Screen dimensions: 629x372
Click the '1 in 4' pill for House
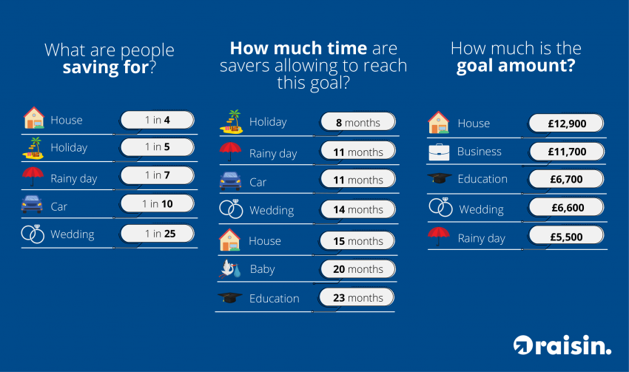click(157, 120)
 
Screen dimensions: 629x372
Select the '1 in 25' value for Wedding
click(157, 233)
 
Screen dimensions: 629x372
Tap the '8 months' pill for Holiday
click(358, 122)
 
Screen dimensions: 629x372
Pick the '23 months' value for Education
click(357, 298)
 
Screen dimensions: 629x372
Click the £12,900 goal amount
click(566, 124)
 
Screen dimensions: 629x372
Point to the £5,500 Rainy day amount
click(566, 237)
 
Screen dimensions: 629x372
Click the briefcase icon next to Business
click(439, 152)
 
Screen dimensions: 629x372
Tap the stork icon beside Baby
click(230, 269)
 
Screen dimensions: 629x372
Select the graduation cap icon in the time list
click(230, 297)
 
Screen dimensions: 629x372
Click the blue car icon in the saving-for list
click(32, 204)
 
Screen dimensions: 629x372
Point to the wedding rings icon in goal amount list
click(440, 207)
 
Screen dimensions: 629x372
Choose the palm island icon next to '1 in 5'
click(33, 148)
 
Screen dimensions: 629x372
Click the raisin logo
click(562, 345)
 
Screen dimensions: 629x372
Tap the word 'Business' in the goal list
click(480, 152)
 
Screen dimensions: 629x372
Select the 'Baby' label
click(263, 269)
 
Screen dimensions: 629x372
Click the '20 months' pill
click(358, 269)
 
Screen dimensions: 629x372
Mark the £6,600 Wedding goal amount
click(566, 208)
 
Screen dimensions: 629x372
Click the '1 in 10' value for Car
click(157, 203)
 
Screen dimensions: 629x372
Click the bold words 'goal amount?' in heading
click(516, 66)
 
